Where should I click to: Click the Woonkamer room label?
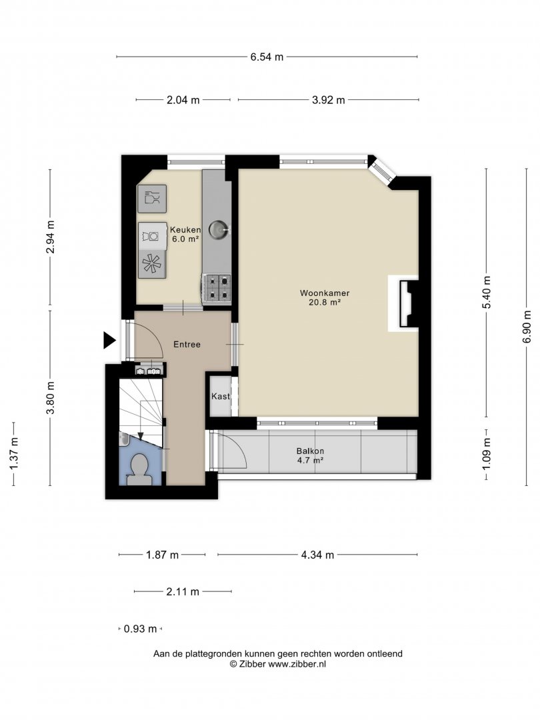(x=325, y=293)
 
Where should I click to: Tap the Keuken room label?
(x=185, y=229)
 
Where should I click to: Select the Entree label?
(x=187, y=345)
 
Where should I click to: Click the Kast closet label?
(x=221, y=396)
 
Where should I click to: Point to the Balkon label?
(x=311, y=451)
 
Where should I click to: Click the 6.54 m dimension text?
(x=267, y=57)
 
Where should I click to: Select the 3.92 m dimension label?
(x=328, y=99)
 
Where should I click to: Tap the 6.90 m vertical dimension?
(x=527, y=327)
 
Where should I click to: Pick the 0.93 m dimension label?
(x=141, y=629)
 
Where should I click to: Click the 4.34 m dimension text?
(x=317, y=555)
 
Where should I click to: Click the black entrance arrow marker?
(x=109, y=340)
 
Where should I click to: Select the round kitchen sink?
(x=219, y=229)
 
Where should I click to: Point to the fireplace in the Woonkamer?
(x=407, y=303)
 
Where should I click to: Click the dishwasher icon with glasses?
(x=152, y=199)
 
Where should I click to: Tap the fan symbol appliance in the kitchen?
(x=152, y=264)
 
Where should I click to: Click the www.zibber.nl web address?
(x=297, y=663)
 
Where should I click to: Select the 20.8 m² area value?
(x=325, y=302)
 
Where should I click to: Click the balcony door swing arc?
(x=238, y=448)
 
